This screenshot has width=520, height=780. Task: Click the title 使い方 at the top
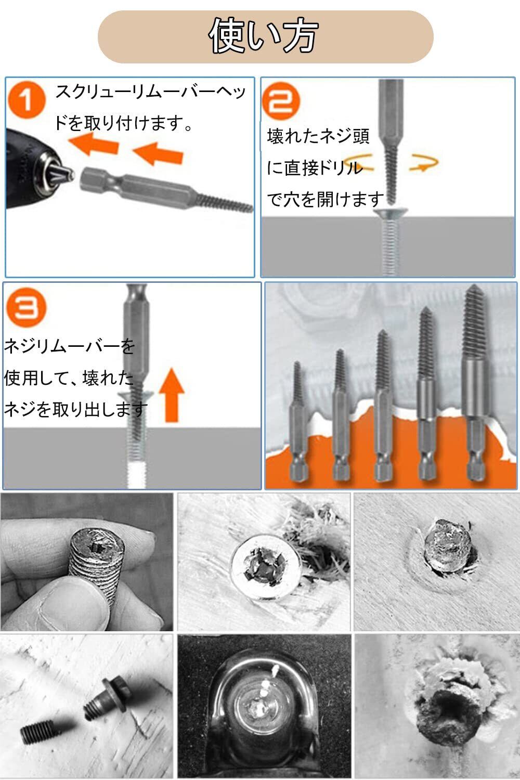click(263, 35)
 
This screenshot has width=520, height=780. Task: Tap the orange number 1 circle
click(27, 100)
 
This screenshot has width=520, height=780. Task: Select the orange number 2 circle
click(281, 101)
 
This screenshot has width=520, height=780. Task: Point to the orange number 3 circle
click(27, 307)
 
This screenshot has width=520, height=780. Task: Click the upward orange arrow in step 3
click(172, 395)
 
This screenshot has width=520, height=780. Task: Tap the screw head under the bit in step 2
click(392, 213)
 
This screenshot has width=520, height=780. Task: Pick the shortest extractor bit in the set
click(298, 421)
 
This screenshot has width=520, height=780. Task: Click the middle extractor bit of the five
click(383, 406)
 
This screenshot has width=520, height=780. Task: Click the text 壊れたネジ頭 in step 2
click(318, 136)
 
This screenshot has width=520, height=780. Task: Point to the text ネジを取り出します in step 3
click(75, 409)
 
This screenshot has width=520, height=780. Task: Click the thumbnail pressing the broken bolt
click(87, 562)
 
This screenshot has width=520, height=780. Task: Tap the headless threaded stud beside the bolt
click(35, 731)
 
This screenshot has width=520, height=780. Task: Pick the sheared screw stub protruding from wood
click(447, 546)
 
